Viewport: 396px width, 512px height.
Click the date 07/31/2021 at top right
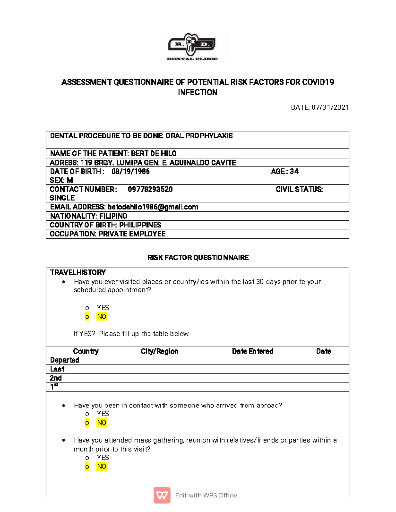[330, 107]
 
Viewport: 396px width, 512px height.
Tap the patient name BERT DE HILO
[153, 153]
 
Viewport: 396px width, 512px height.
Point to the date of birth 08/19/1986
[130, 171]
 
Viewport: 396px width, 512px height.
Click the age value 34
[294, 171]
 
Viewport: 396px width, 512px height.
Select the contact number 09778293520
[150, 189]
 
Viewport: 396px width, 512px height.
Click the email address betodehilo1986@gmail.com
[153, 207]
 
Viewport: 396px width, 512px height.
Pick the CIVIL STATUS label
[299, 189]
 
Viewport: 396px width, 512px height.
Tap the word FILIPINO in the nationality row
[113, 216]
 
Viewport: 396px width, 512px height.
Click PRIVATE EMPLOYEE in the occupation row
[132, 234]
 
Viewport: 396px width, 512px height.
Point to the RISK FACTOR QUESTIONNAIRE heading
[198, 258]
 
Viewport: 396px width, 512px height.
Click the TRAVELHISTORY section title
[78, 273]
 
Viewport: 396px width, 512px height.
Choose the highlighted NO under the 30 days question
[101, 316]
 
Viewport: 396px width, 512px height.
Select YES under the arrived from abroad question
[102, 414]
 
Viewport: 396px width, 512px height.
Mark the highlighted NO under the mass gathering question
[101, 467]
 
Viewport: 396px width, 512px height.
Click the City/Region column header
[159, 351]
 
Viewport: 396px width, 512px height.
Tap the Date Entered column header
[252, 351]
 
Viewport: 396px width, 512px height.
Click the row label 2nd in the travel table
[56, 378]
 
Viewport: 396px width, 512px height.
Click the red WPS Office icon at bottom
[162, 495]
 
